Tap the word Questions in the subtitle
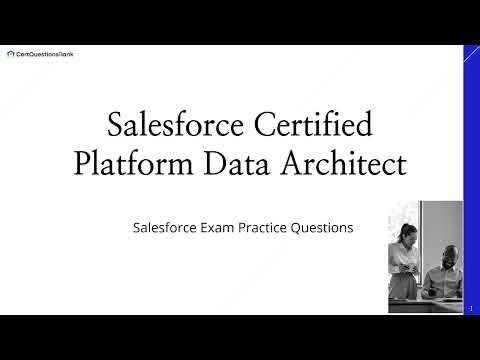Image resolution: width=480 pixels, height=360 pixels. click(324, 228)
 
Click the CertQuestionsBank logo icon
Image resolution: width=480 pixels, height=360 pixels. click(10, 54)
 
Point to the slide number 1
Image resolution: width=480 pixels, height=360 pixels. click(470, 309)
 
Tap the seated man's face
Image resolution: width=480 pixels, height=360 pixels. click(441, 254)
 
